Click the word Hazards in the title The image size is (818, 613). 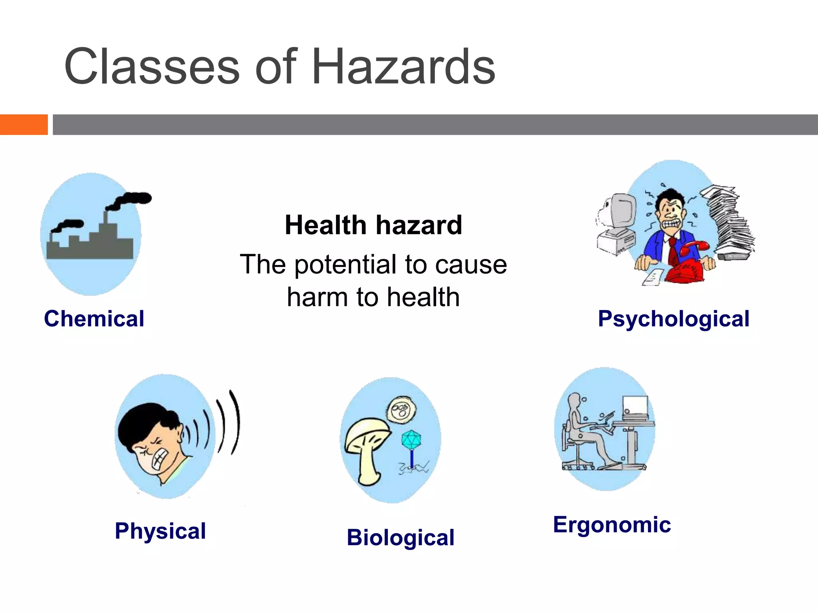[x=403, y=67]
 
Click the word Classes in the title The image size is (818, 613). [x=152, y=67]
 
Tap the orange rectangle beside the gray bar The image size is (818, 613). [x=24, y=125]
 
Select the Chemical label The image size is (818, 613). [x=94, y=318]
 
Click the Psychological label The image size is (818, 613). [x=673, y=319]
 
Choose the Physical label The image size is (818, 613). [x=160, y=531]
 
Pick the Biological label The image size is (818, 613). [x=400, y=537]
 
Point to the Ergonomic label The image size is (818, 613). [x=612, y=524]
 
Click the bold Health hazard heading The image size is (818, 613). [x=373, y=225]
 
